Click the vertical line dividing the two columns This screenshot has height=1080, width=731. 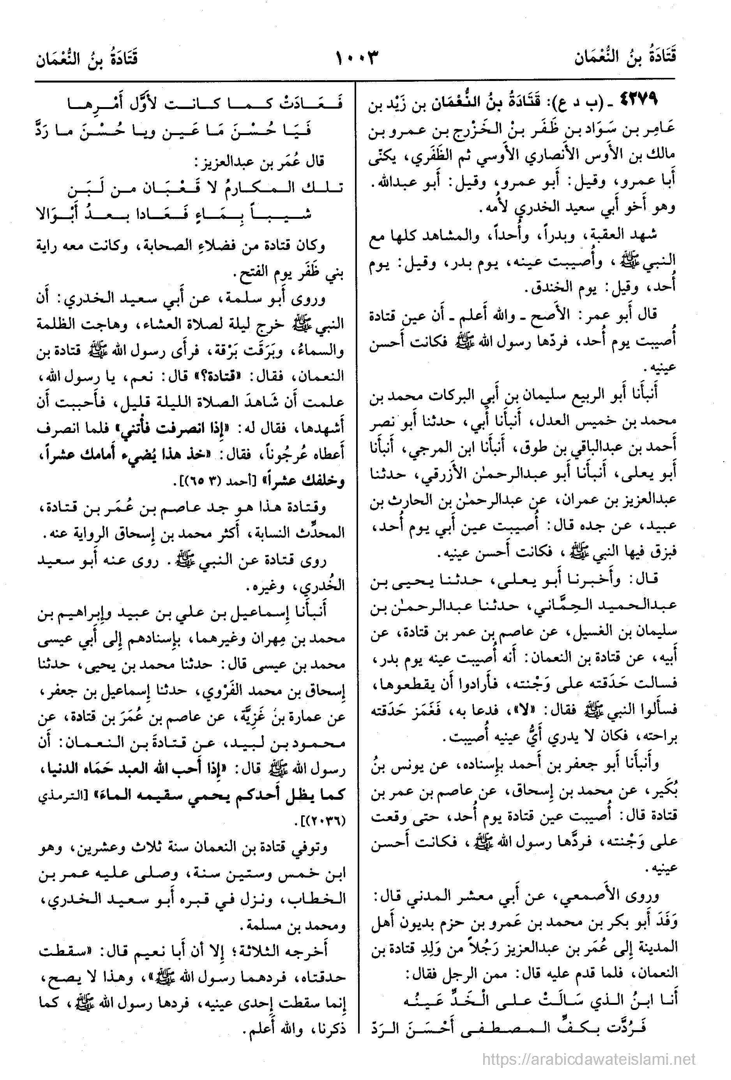point(356,558)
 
